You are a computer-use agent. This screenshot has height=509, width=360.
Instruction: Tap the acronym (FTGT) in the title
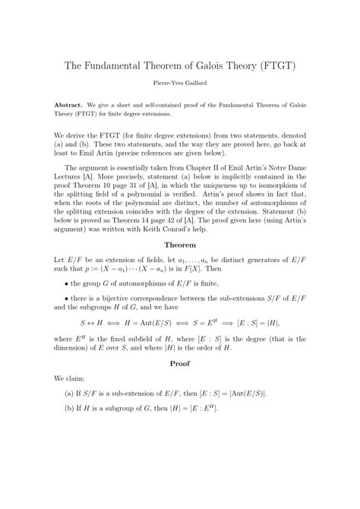point(280,66)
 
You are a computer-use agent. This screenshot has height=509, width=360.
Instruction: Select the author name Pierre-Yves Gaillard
point(180,87)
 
